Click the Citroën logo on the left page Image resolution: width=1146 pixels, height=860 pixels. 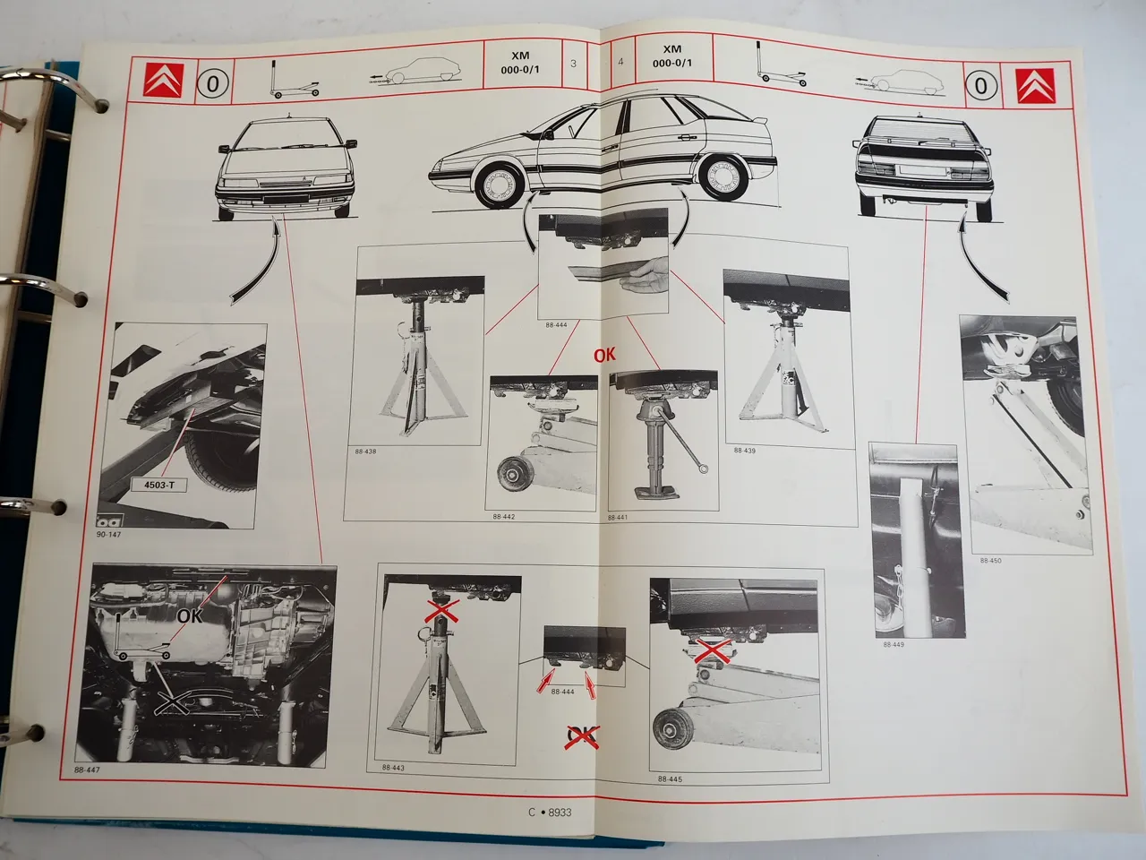[x=162, y=82]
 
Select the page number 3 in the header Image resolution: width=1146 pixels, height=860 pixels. [x=573, y=63]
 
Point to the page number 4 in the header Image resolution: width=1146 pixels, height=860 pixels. [x=620, y=63]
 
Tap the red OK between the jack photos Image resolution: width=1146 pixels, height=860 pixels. [x=605, y=354]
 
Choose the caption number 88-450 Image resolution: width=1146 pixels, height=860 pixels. [x=990, y=561]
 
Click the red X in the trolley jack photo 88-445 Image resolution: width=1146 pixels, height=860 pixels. [x=713, y=652]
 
